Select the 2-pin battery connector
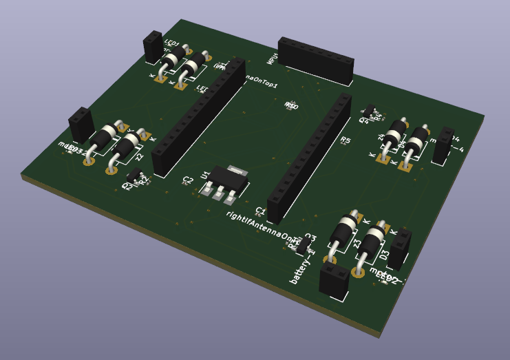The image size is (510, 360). point(334,280)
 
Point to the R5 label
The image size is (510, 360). point(346,141)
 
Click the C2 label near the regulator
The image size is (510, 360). point(187,180)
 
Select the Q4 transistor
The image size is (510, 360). point(370,110)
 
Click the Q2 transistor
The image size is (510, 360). point(134,176)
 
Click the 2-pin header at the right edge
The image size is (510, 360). point(443,145)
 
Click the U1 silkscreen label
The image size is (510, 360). point(204,176)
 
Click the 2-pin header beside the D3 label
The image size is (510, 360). point(400,247)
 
